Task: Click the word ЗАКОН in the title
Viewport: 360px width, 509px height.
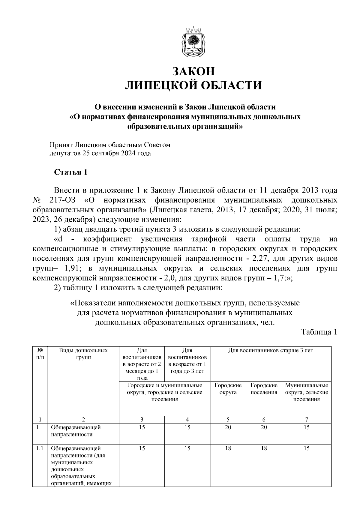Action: (193, 71)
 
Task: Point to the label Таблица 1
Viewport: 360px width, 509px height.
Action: (319, 332)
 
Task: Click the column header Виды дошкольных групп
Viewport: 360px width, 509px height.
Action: (83, 354)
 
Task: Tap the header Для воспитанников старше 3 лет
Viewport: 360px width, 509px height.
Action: (271, 350)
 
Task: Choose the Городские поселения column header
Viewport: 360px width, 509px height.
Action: (264, 389)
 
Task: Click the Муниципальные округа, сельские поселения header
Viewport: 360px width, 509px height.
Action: (306, 392)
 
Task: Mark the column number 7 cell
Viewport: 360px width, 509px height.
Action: (306, 419)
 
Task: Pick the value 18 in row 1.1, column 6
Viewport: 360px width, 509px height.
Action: (264, 448)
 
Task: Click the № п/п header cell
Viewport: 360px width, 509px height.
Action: (40, 354)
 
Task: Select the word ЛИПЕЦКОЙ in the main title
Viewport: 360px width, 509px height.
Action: (159, 85)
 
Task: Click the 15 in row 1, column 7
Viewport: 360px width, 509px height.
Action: (306, 427)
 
